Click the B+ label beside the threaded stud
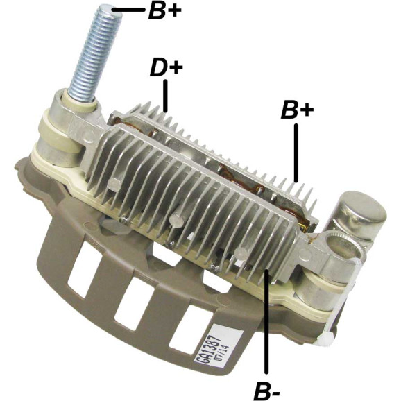pyautogui.click(x=164, y=10)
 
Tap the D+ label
pyautogui.click(x=167, y=68)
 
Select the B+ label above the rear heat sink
pyautogui.click(x=297, y=110)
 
